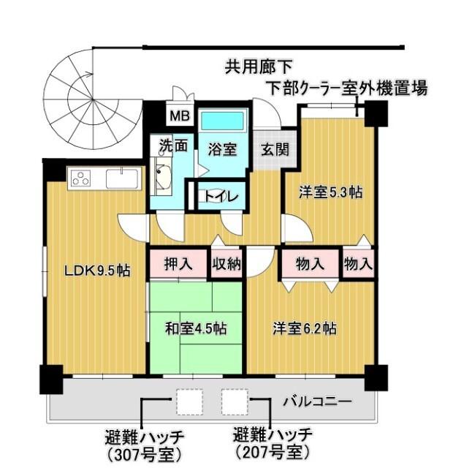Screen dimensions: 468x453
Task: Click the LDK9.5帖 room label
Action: click(x=97, y=271)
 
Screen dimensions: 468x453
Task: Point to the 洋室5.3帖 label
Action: click(x=331, y=193)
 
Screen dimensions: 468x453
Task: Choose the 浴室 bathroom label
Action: click(x=220, y=149)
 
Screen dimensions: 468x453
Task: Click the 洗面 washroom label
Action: click(x=175, y=145)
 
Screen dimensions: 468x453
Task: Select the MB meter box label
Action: click(x=178, y=115)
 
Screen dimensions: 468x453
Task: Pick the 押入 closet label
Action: click(x=178, y=264)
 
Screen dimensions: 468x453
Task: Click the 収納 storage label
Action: click(x=226, y=264)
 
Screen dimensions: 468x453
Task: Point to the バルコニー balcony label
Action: click(x=318, y=401)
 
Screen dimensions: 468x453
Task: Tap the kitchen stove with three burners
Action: click(x=80, y=178)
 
